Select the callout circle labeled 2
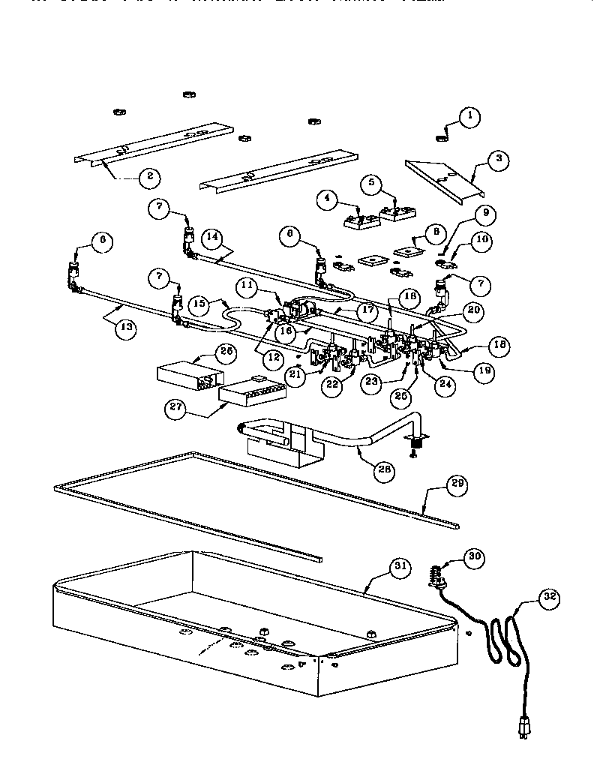pyautogui.click(x=149, y=177)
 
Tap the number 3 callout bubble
pyautogui.click(x=496, y=159)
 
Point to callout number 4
pyautogui.click(x=325, y=199)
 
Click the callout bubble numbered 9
pyautogui.click(x=485, y=214)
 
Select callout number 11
pyautogui.click(x=249, y=285)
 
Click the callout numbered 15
pyautogui.click(x=198, y=305)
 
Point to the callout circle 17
pyautogui.click(x=365, y=308)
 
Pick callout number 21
pyautogui.click(x=295, y=379)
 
